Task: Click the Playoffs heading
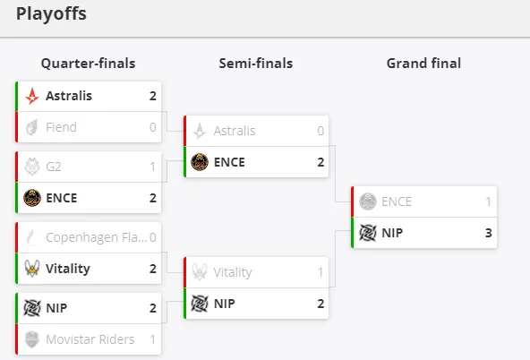pyautogui.click(x=51, y=14)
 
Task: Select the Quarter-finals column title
pyautogui.click(x=89, y=64)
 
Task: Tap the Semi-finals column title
pyautogui.click(x=256, y=64)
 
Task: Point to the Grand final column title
pyautogui.click(x=423, y=64)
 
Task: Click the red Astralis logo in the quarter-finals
pyautogui.click(x=32, y=96)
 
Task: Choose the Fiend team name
pyautogui.click(x=61, y=127)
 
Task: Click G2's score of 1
pyautogui.click(x=152, y=167)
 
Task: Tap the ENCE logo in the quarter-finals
pyautogui.click(x=32, y=198)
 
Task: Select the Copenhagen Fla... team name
pyautogui.click(x=97, y=237)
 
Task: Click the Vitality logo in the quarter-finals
pyautogui.click(x=32, y=269)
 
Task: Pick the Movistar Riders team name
pyautogui.click(x=90, y=339)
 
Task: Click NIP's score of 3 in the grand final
pyautogui.click(x=488, y=233)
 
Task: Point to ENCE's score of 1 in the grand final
pyautogui.click(x=488, y=201)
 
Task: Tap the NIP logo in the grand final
pyautogui.click(x=368, y=233)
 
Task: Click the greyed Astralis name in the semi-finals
pyautogui.click(x=235, y=131)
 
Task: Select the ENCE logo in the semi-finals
pyautogui.click(x=200, y=162)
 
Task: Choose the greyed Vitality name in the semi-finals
pyautogui.click(x=233, y=272)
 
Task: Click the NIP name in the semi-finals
pyautogui.click(x=224, y=304)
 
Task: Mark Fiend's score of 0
pyautogui.click(x=153, y=127)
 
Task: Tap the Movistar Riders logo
pyautogui.click(x=32, y=339)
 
